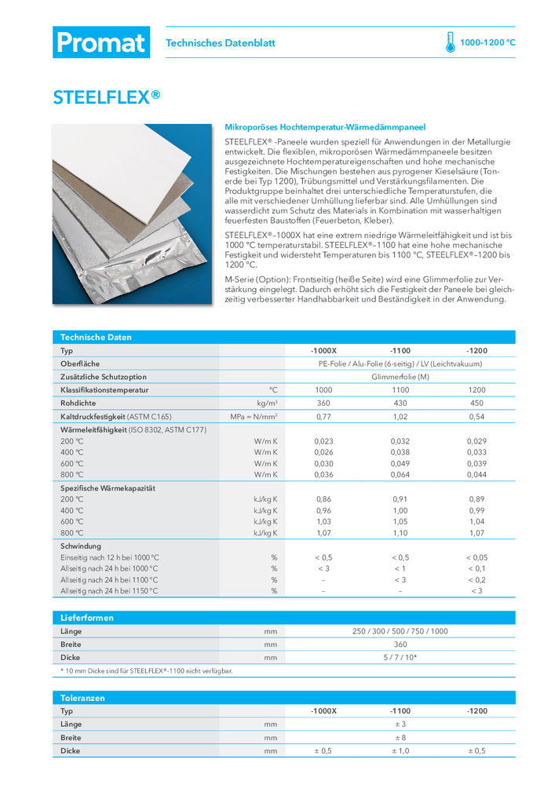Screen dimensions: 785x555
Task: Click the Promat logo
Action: tap(100, 42)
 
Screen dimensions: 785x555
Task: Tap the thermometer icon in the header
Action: tap(450, 42)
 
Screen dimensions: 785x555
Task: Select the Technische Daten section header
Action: tap(97, 337)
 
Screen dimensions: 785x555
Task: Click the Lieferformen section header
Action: tap(87, 618)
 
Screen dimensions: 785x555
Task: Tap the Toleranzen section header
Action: tap(83, 697)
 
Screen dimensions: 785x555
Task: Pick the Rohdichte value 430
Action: tap(400, 403)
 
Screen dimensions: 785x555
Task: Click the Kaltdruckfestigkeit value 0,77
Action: tap(323, 416)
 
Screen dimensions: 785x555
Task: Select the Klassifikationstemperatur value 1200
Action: tap(476, 389)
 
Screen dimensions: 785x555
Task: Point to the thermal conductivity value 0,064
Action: tap(400, 474)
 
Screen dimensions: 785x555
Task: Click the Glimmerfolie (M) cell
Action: tap(400, 377)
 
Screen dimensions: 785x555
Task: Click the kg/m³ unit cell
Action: tap(267, 403)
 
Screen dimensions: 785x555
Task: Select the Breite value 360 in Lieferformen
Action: tap(400, 644)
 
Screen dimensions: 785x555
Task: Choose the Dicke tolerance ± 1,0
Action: tap(400, 750)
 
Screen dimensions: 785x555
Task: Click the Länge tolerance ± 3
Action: tap(400, 724)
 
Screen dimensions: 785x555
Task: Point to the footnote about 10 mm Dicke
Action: tap(147, 670)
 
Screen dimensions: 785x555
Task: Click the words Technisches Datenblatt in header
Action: tap(221, 43)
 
